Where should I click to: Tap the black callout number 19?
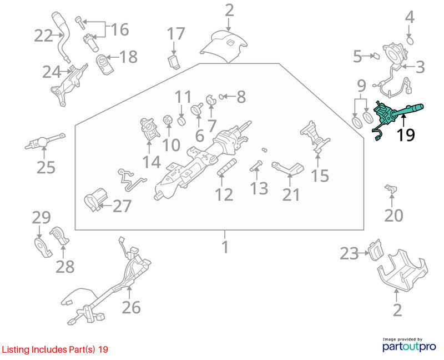(406, 135)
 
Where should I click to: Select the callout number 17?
(176, 34)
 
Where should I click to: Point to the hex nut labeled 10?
(168, 120)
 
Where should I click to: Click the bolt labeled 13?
(256, 166)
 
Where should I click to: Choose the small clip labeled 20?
(391, 189)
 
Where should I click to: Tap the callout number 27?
(122, 206)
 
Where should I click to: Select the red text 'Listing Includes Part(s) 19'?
(55, 349)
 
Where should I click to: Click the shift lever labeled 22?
(63, 36)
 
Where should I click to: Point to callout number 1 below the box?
(225, 247)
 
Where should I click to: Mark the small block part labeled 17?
(174, 62)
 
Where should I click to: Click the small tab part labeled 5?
(376, 56)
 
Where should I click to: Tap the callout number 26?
(131, 307)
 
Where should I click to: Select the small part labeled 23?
(375, 251)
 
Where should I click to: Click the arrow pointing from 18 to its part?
(112, 57)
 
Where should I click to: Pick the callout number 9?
(361, 86)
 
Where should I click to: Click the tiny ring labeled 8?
(221, 97)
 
